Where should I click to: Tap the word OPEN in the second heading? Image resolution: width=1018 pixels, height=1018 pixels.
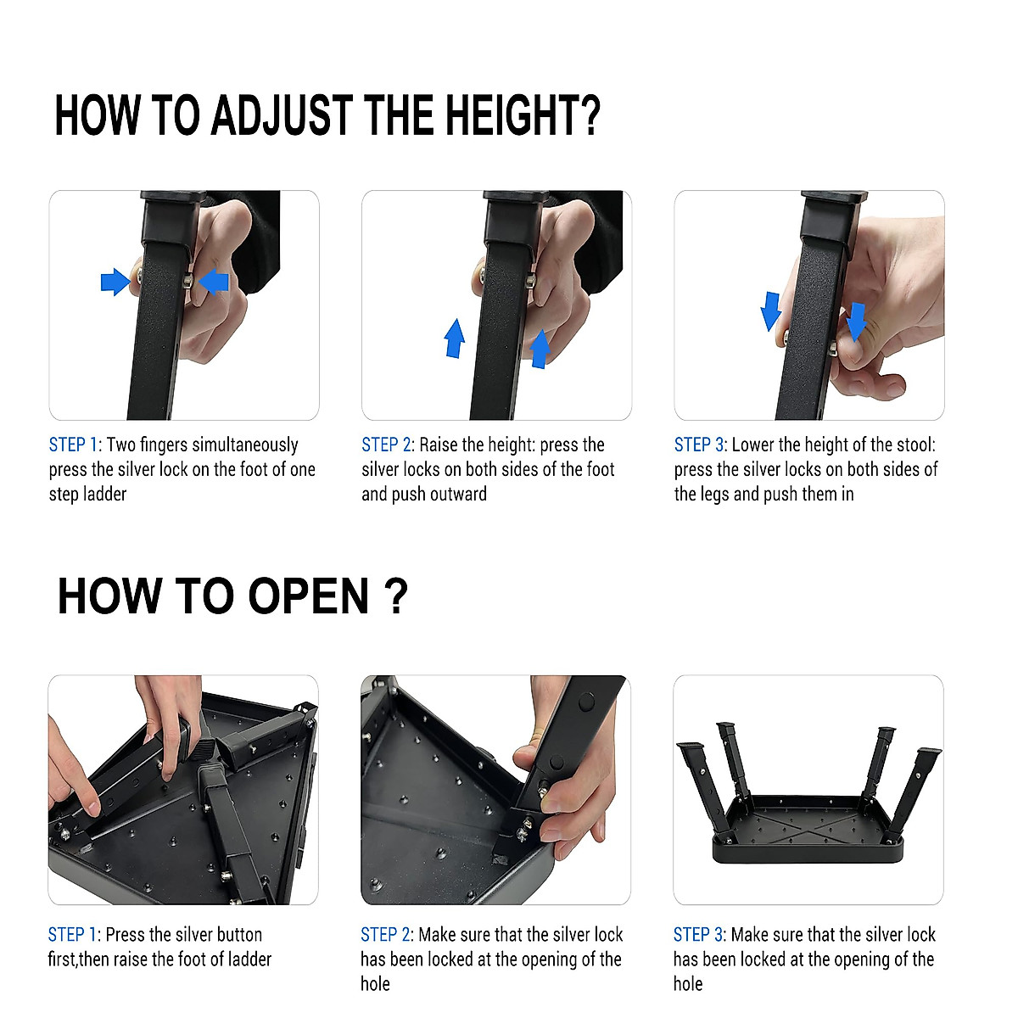pos(309,596)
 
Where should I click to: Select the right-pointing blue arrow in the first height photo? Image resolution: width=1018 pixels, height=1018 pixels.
pos(114,281)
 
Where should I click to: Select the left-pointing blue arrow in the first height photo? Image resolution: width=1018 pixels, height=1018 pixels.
pos(214,281)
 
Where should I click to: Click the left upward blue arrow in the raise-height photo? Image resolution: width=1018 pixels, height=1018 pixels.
pos(455,338)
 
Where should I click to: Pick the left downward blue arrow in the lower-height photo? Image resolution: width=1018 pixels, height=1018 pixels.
pos(770,310)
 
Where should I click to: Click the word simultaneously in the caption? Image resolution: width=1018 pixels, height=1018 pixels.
pos(246,445)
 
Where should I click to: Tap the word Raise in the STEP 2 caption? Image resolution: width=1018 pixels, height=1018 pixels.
pos(440,445)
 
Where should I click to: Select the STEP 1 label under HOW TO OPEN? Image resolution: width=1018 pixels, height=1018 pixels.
pos(72,935)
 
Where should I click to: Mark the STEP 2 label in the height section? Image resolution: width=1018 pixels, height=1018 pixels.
pos(386,445)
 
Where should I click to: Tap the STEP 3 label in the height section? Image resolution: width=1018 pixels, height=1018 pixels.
pos(699,445)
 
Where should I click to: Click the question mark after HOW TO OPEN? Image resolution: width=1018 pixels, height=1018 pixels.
pos(395,596)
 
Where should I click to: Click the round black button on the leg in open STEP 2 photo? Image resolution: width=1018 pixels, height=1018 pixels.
pos(586,702)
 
